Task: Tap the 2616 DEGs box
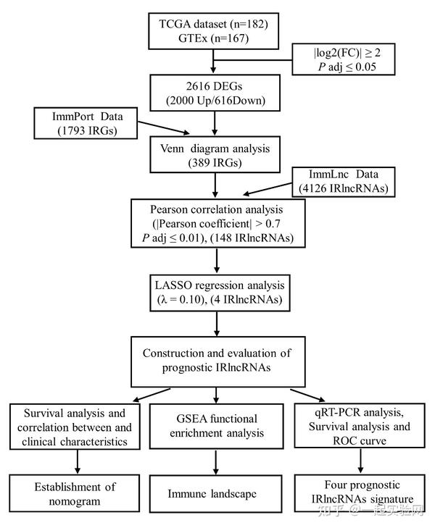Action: (x=214, y=93)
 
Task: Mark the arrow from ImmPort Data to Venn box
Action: (x=159, y=131)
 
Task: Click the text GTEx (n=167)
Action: (x=214, y=39)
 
